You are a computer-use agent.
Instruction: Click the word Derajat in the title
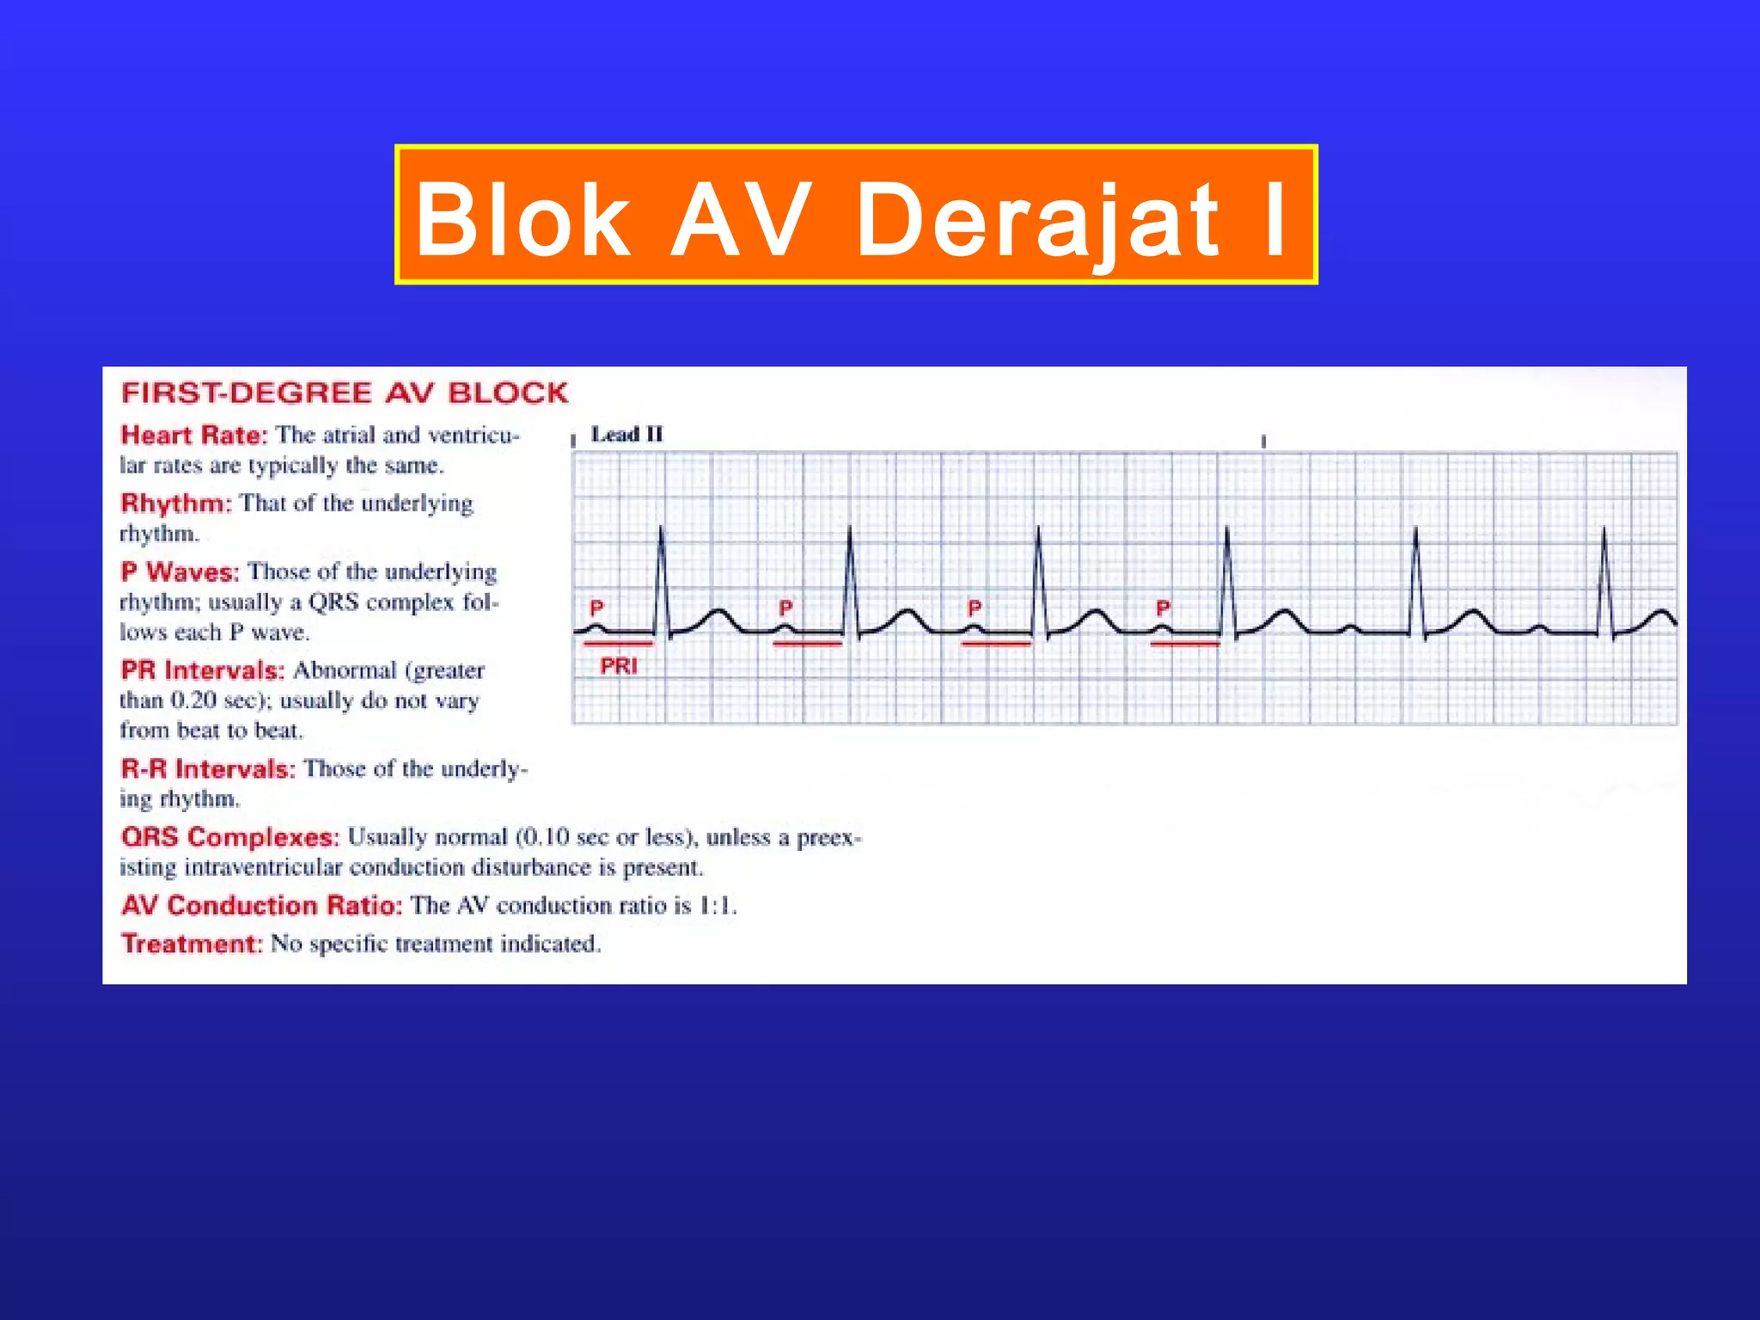tap(1038, 222)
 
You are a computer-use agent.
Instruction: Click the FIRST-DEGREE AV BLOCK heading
tap(345, 394)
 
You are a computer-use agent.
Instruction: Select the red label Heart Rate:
tap(194, 435)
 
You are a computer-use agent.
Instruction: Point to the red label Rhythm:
tap(176, 503)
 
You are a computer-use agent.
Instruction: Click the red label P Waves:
tap(180, 571)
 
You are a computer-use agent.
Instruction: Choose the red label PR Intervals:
tap(202, 670)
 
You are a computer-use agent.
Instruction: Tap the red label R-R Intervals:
tap(208, 768)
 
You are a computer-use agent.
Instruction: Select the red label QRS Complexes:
tap(230, 837)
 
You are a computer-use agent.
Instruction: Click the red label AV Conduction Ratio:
tap(261, 906)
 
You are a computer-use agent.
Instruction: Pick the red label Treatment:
tap(191, 944)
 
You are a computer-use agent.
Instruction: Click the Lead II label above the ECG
tap(627, 435)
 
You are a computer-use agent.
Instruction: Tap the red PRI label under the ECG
tap(619, 666)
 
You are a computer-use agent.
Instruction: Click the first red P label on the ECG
tap(596, 608)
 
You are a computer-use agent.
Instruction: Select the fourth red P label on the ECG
tap(1163, 608)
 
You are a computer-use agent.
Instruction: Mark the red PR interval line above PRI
tap(618, 643)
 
